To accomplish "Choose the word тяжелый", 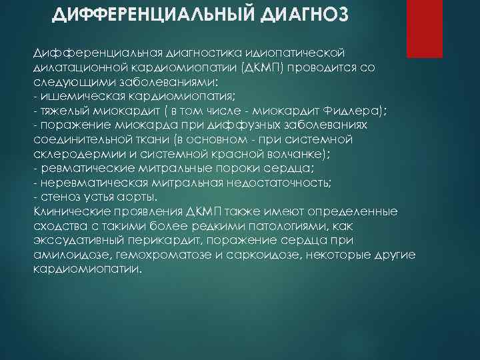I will (61, 111).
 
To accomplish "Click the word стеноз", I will (57, 197).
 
